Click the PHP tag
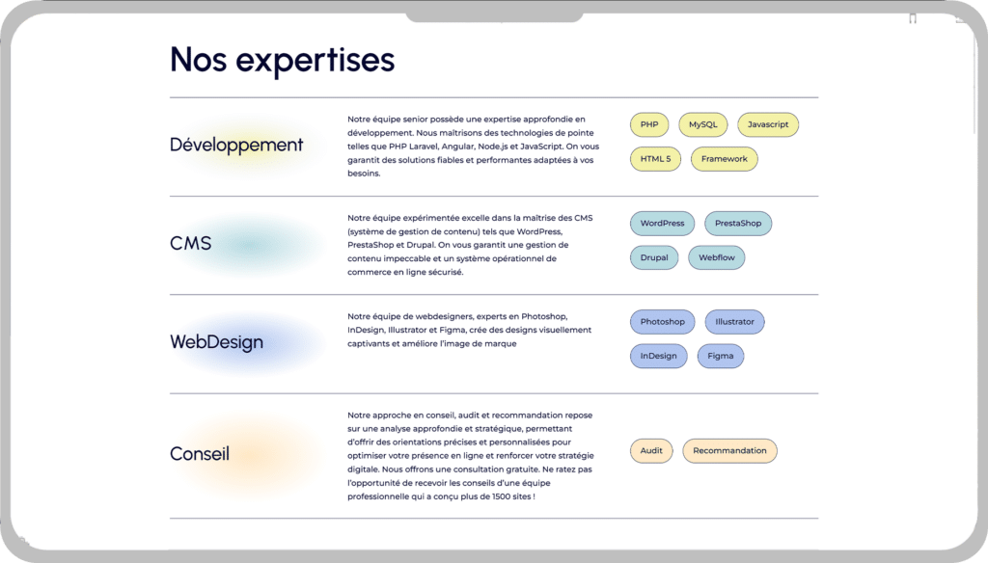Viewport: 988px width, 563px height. click(649, 124)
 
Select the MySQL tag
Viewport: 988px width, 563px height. click(702, 124)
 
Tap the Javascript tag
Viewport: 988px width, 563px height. click(767, 124)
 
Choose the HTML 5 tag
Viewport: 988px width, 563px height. click(655, 159)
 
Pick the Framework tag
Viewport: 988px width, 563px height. click(724, 159)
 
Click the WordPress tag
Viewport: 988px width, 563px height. click(662, 224)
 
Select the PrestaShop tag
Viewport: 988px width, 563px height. click(738, 224)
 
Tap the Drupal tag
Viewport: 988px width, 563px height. click(654, 257)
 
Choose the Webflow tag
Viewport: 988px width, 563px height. click(717, 257)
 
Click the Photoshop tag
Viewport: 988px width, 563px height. click(662, 322)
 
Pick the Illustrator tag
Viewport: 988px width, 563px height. click(734, 322)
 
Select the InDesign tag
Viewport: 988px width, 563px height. click(658, 356)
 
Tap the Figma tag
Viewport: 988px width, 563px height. click(720, 356)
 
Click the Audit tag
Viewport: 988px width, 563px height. click(651, 451)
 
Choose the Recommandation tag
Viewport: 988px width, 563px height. click(729, 451)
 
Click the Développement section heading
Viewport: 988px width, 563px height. click(236, 145)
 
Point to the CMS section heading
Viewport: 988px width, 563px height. click(190, 243)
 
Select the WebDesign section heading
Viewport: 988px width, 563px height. click(216, 342)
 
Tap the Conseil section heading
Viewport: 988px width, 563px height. click(199, 453)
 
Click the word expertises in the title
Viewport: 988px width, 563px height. click(316, 61)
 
